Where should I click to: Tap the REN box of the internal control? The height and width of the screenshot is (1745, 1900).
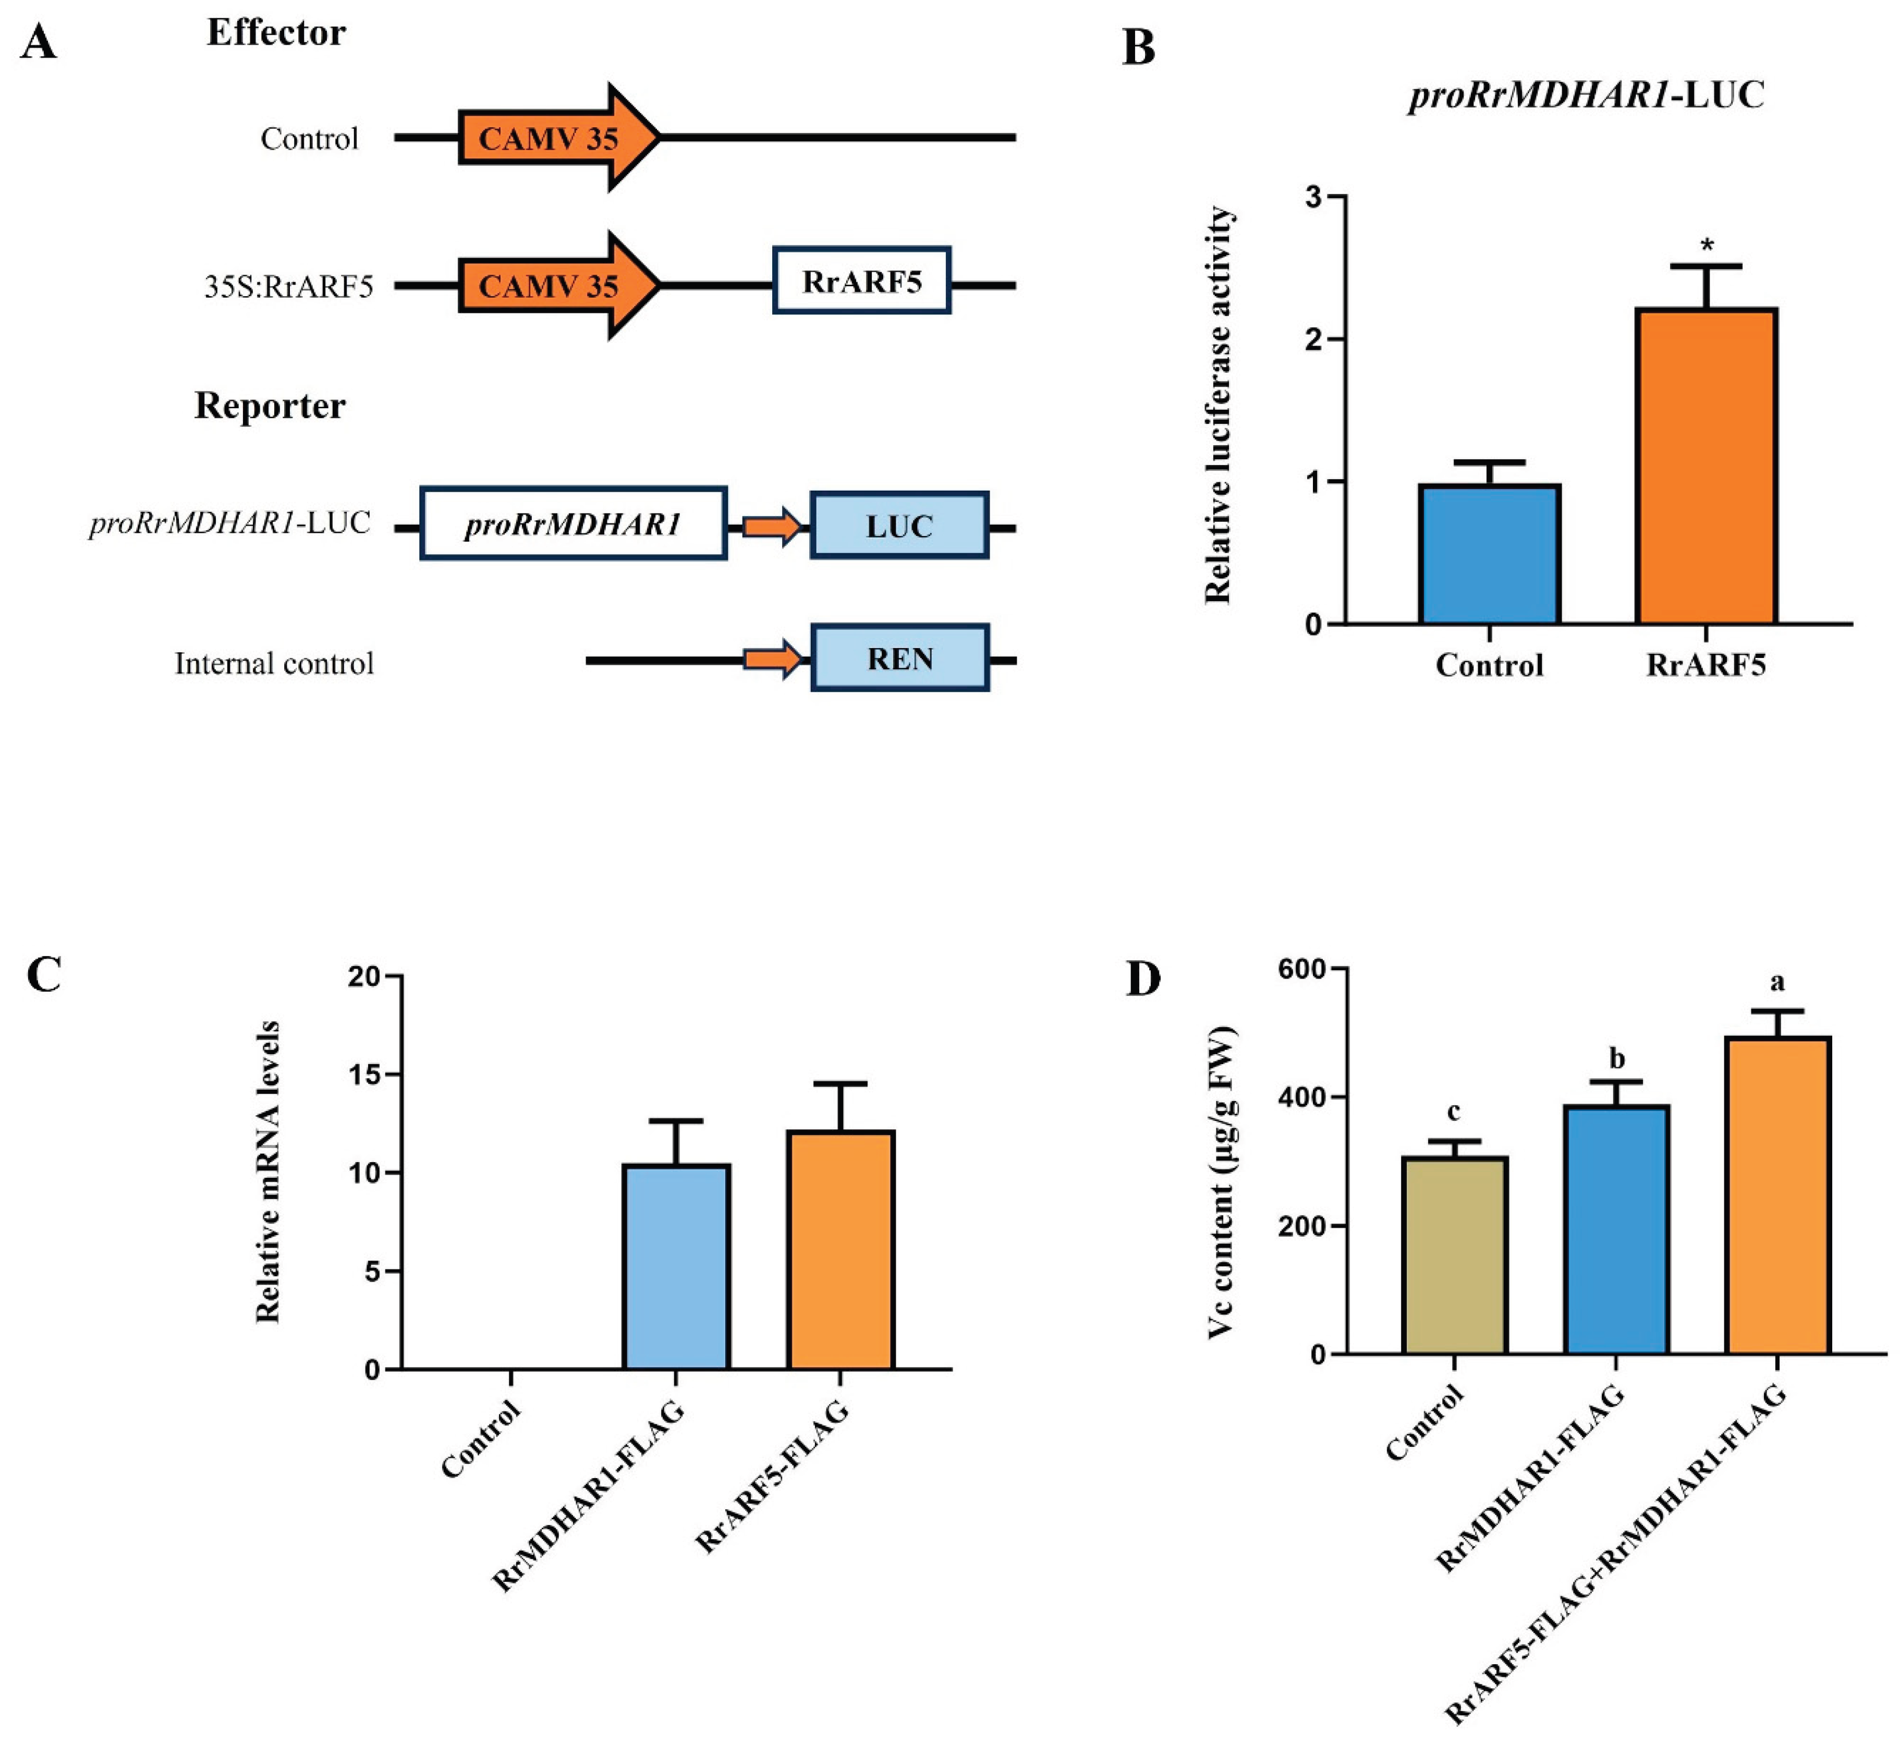point(899,658)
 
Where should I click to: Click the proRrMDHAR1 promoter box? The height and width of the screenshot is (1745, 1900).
point(573,524)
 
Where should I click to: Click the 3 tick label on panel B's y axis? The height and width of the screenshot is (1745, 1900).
point(1312,198)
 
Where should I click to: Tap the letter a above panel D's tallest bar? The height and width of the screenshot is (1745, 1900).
point(1777,983)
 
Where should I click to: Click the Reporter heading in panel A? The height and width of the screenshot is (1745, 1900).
point(270,406)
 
